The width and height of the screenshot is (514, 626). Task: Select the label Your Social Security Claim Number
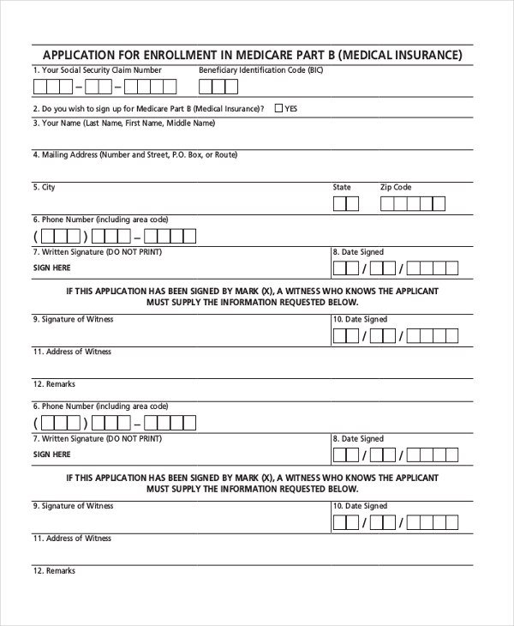(97, 70)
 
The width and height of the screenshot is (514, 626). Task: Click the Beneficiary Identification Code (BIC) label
(261, 70)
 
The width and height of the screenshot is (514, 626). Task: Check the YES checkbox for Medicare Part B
(279, 109)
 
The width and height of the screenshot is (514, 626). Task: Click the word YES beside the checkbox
(291, 110)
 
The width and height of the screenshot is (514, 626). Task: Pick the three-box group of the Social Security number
(54, 87)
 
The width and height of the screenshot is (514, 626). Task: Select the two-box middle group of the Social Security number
(99, 87)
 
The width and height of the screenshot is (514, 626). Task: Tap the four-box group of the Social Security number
(150, 87)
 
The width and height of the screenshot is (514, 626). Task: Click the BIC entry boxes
(218, 87)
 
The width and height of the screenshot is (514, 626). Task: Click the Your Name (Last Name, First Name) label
(123, 123)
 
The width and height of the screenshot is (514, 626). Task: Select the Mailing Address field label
(134, 155)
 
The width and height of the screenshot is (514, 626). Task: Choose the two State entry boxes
(346, 204)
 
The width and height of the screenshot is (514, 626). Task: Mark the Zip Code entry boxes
(413, 204)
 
